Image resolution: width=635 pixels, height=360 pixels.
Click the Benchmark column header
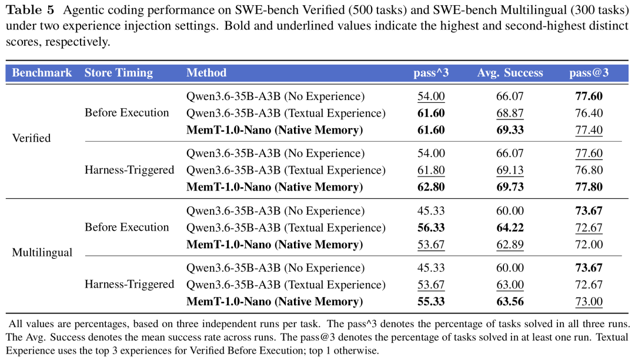point(42,73)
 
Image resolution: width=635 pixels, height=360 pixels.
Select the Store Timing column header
point(119,73)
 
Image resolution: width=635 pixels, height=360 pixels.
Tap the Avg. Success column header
point(510,73)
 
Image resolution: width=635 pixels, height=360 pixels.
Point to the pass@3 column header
point(589,73)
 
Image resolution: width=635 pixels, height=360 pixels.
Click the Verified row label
point(31,138)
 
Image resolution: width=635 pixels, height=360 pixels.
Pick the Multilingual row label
point(42,253)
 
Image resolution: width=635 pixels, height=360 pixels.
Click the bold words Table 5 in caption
point(30,10)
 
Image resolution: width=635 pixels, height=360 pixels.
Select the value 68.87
point(510,113)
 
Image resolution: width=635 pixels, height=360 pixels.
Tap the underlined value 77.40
point(589,130)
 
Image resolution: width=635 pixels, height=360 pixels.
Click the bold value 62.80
point(431,187)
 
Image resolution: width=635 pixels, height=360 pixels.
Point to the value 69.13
point(510,170)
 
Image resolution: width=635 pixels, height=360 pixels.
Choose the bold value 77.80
point(589,187)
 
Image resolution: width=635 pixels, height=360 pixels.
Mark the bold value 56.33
point(431,228)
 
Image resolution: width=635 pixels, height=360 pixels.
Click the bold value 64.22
point(510,228)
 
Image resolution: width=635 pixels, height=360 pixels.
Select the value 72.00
point(589,245)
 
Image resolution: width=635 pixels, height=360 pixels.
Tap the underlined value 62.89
point(510,245)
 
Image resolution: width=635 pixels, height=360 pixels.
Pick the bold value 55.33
point(431,302)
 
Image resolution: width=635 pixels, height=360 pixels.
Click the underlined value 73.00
point(589,302)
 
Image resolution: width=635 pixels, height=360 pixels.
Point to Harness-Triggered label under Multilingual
point(129,285)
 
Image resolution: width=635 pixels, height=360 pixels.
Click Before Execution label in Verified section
point(127,112)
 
